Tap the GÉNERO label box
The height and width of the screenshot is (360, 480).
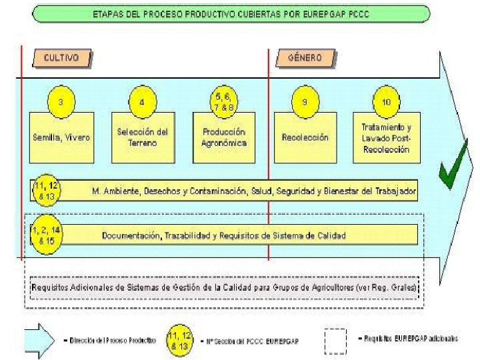coord(304,58)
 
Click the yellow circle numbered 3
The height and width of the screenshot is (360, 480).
coord(61,102)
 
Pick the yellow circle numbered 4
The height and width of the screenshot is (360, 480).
coord(141,102)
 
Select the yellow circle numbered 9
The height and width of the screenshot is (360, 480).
coord(304,102)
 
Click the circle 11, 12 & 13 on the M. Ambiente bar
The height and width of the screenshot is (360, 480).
coord(46,190)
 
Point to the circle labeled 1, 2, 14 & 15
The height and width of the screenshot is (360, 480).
coord(46,234)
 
